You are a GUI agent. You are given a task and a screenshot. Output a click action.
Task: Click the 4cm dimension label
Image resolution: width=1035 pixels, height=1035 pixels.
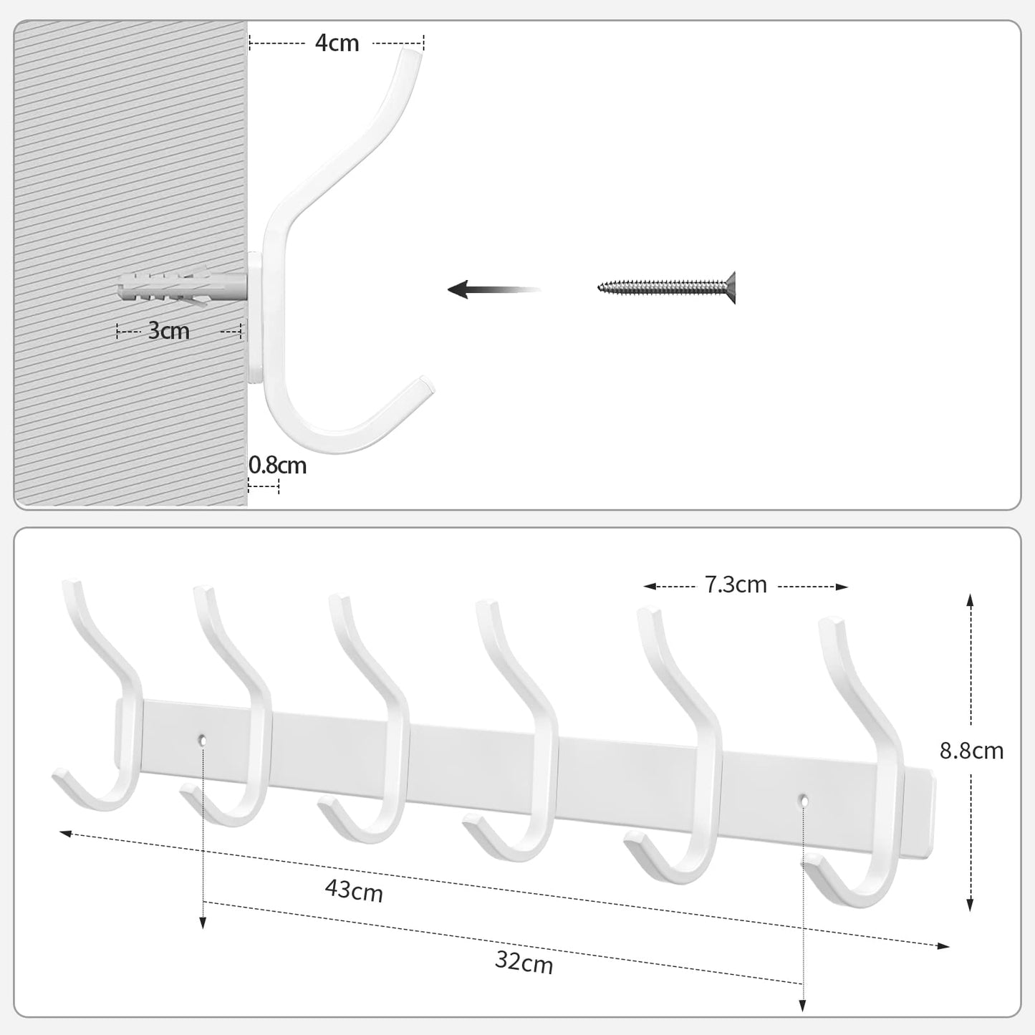(x=337, y=43)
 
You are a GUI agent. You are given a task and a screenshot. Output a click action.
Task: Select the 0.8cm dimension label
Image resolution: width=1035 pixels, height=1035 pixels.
(x=277, y=466)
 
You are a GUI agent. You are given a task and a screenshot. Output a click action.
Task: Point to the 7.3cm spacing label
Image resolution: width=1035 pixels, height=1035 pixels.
(x=736, y=585)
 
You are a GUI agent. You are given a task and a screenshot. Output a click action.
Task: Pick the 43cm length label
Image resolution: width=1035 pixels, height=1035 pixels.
(x=354, y=891)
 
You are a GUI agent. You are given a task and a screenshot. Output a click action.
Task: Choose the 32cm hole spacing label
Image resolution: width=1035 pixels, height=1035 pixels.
(x=524, y=963)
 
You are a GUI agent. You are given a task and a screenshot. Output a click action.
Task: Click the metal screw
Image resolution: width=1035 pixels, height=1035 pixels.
(x=666, y=287)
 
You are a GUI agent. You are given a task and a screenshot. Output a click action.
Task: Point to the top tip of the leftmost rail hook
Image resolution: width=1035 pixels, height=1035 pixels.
(x=71, y=584)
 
